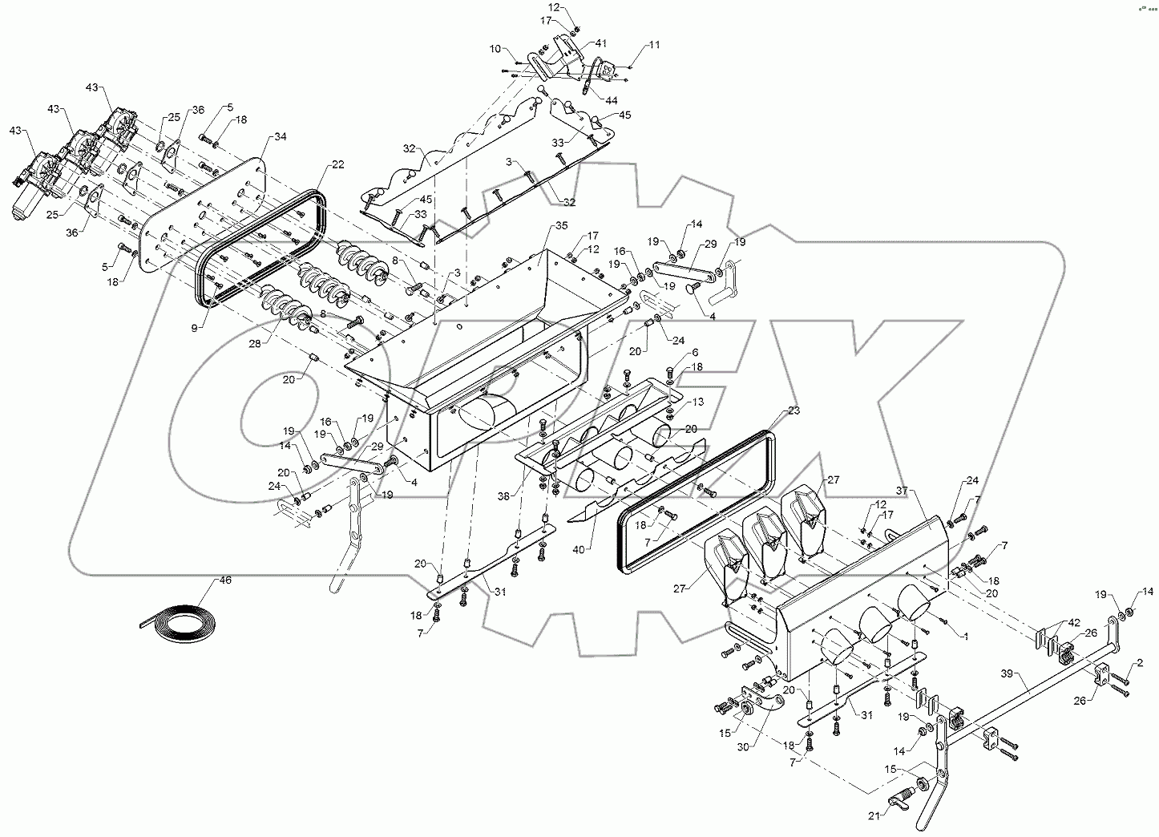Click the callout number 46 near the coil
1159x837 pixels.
click(225, 580)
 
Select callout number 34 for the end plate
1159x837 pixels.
click(280, 137)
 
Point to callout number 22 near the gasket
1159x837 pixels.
click(337, 165)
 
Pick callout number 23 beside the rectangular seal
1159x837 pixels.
click(794, 410)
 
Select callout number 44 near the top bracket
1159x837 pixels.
click(612, 101)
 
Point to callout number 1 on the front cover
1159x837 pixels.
click(966, 635)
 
